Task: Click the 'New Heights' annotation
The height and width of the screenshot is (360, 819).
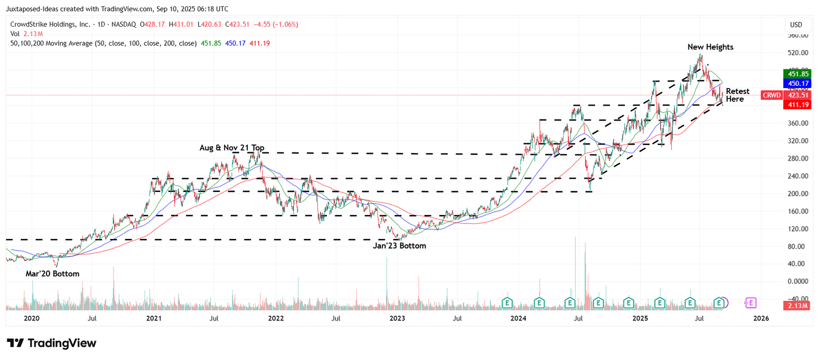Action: click(710, 47)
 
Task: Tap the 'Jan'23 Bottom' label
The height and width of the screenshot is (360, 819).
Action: click(399, 246)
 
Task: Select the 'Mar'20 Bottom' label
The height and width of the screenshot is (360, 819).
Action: click(52, 274)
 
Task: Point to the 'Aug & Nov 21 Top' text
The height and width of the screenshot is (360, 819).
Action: click(232, 148)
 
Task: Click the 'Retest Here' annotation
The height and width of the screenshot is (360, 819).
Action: click(737, 95)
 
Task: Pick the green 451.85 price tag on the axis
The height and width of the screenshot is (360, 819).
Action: click(796, 74)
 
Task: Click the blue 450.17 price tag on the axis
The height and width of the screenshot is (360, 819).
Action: click(796, 83)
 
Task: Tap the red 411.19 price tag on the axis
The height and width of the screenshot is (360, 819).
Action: click(796, 105)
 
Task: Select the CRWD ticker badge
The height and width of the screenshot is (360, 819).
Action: click(771, 95)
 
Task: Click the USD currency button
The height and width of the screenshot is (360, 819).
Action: click(796, 25)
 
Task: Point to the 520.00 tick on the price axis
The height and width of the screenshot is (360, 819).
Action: click(798, 53)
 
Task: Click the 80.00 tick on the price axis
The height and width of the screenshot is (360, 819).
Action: click(798, 246)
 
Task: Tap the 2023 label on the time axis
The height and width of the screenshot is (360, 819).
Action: click(397, 318)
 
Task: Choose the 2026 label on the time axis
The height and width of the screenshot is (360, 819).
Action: click(761, 318)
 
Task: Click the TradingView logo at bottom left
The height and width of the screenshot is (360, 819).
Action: click(52, 343)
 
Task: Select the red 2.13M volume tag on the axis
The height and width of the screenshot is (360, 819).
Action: click(796, 306)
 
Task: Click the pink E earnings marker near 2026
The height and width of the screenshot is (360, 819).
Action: click(751, 303)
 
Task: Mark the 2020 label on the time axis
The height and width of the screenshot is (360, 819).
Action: click(32, 318)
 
